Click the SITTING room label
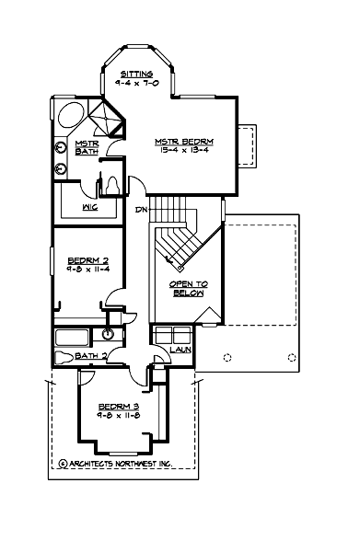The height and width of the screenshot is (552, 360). point(141,73)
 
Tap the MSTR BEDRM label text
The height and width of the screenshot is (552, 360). point(185,141)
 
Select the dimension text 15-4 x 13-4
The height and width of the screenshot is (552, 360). point(185,150)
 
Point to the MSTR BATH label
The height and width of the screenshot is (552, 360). point(87,147)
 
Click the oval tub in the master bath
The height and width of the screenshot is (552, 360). point(69,116)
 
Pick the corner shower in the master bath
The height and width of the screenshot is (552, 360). point(110,120)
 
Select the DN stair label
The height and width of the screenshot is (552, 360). point(142,210)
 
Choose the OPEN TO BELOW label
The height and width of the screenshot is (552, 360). point(188,289)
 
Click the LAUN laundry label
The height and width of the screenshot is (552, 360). point(179,350)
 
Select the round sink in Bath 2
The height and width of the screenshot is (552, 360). point(110,335)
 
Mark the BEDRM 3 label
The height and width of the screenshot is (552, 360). point(119,406)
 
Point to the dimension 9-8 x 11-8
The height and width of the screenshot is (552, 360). point(119,415)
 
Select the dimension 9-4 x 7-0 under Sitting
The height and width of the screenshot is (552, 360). point(141,82)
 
